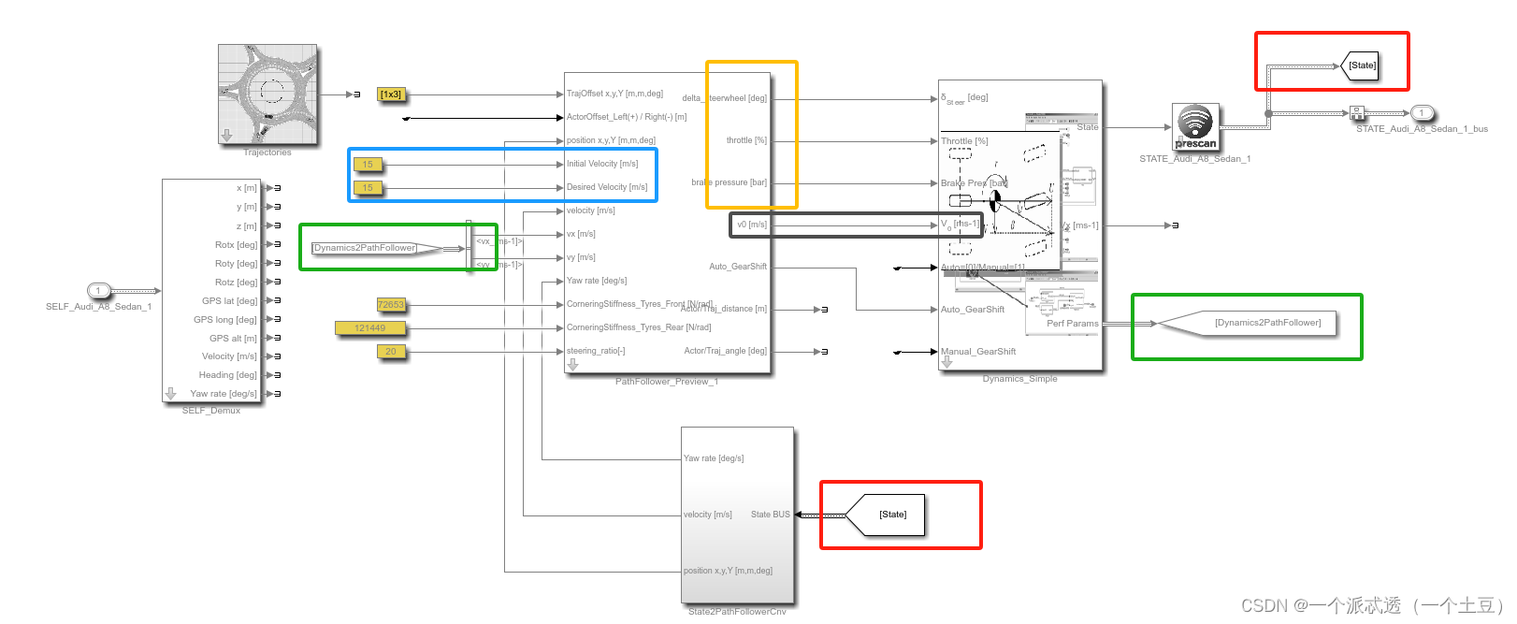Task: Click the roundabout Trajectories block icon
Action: point(267,94)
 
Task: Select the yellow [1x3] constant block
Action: point(391,94)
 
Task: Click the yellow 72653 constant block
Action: point(391,305)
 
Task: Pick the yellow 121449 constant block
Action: point(370,328)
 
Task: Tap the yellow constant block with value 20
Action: point(391,352)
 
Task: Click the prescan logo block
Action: point(1195,126)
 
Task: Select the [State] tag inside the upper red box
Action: point(1362,65)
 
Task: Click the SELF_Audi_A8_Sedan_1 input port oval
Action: point(98,291)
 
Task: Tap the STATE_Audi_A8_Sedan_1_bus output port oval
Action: point(1422,113)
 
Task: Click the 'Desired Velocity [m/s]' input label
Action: point(607,187)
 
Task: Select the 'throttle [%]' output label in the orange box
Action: point(746,140)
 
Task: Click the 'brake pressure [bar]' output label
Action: point(730,182)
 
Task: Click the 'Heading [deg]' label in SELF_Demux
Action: point(227,375)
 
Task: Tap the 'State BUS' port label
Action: point(770,515)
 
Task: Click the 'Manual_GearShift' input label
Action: point(978,352)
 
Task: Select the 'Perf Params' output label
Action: point(1072,324)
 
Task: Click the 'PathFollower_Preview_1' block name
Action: point(667,382)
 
